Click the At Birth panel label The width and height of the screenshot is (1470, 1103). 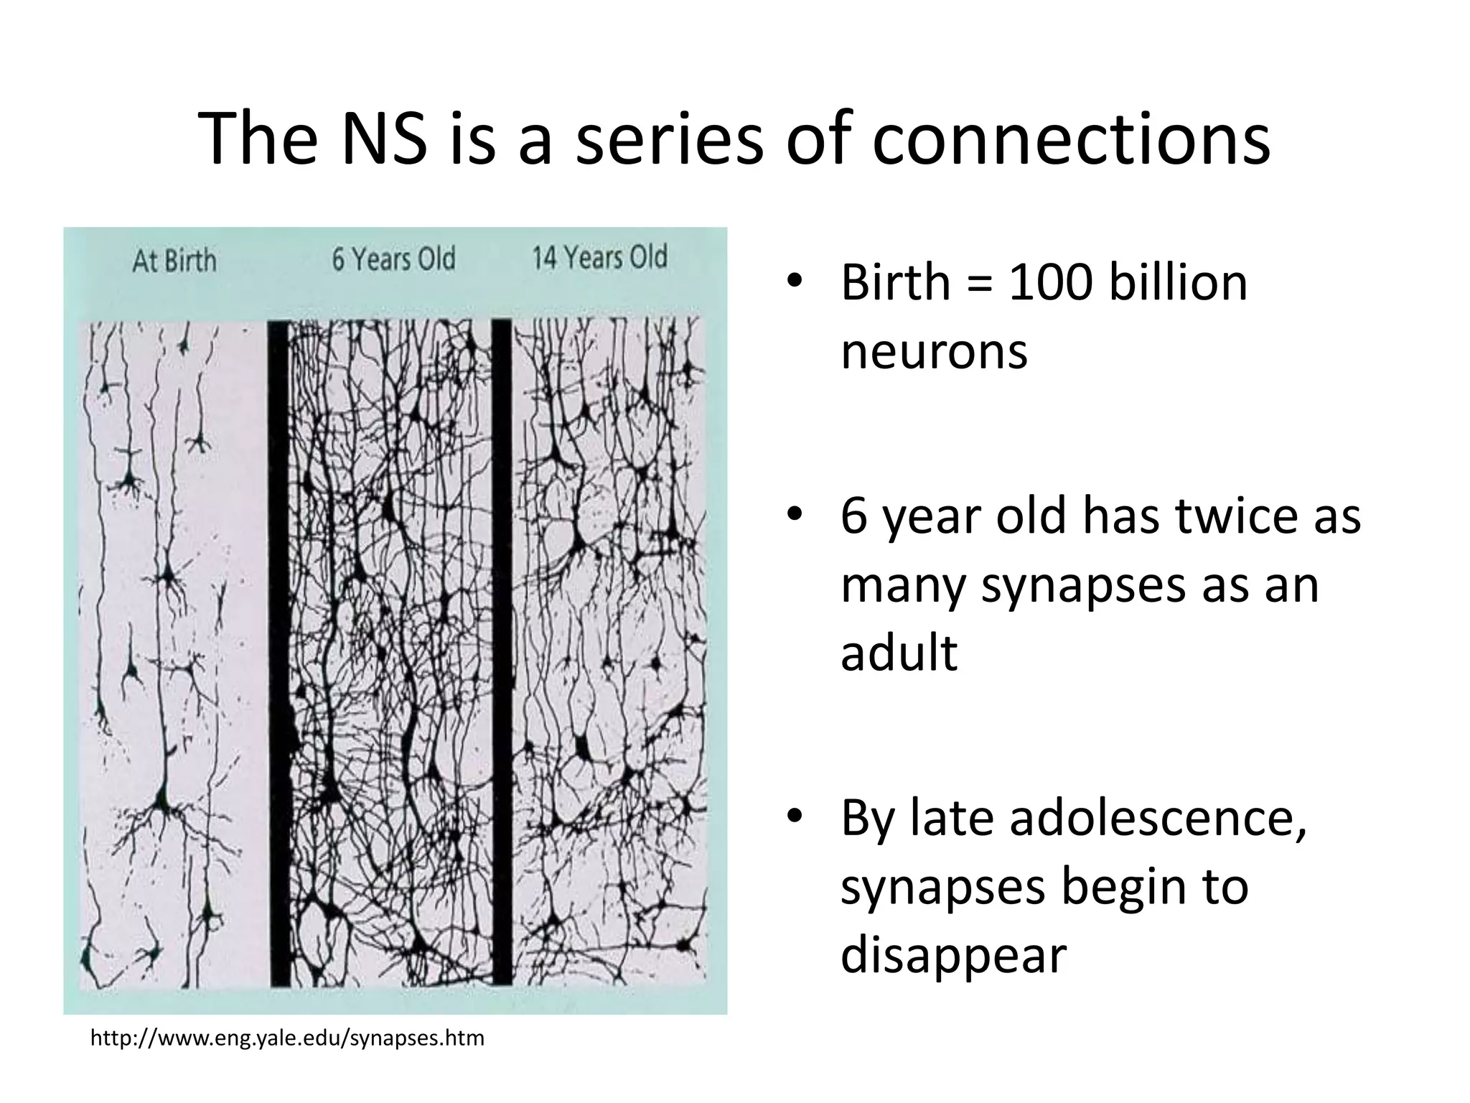pos(174,261)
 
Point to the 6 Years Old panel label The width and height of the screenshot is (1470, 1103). pos(393,259)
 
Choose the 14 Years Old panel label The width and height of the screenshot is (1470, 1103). pos(599,257)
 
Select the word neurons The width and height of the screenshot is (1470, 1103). pos(934,351)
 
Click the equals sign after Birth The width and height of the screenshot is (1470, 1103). pos(980,284)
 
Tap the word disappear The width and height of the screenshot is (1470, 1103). pos(953,955)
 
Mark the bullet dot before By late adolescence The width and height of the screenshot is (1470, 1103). pos(793,818)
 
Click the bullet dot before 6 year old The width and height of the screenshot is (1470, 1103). pos(793,516)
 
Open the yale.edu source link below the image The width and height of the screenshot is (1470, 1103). pos(287,1038)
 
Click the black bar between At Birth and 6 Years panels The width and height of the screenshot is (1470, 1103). pos(278,653)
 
